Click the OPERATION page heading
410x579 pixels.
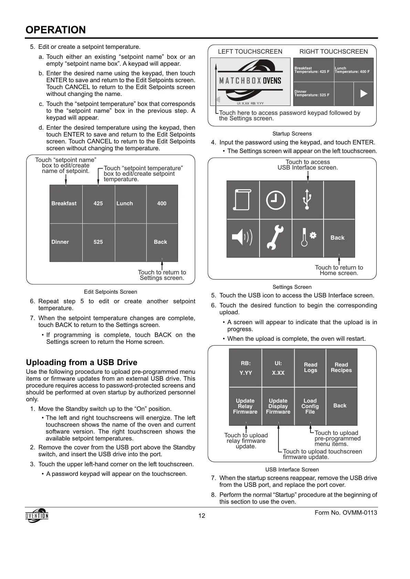pos(56,30)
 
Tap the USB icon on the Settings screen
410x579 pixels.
pos(307,200)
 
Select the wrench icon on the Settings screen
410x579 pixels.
pos(275,238)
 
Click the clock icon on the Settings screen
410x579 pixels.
pos(275,200)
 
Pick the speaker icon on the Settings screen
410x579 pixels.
pos(242,238)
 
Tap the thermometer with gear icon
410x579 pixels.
pos(307,238)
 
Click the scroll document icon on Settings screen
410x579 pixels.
pos(242,200)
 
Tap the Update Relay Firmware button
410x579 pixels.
pos(245,406)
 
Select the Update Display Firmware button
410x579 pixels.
pos(278,406)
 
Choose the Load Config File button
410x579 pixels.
pos(310,406)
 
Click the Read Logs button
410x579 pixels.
pos(310,368)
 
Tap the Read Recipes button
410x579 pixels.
pos(341,368)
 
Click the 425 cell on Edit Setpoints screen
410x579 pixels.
pos(98,204)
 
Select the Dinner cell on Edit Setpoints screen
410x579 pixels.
pos(66,242)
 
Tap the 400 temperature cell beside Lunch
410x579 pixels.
pos(162,204)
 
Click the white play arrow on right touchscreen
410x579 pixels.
pos(364,94)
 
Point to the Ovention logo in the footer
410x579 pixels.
pos(37,515)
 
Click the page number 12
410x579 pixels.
pos(202,516)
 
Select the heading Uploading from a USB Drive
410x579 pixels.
pos(82,362)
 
